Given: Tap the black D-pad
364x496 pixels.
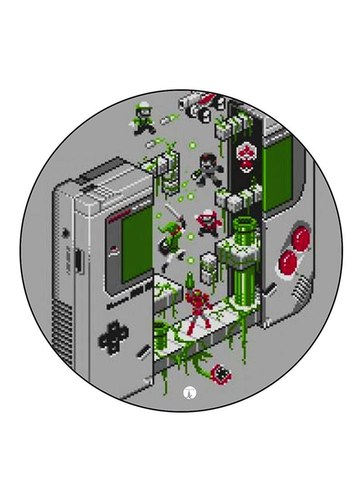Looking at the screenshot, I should point(112,336).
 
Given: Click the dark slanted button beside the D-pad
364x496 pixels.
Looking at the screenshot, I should point(145,351).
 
